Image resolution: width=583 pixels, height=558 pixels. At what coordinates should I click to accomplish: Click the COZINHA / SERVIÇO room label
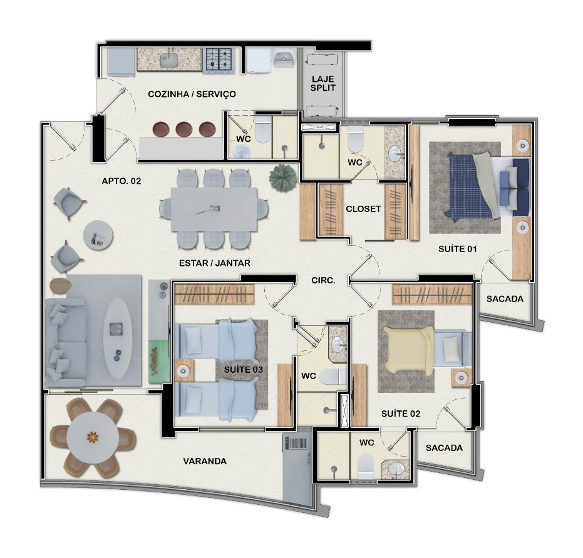point(192,94)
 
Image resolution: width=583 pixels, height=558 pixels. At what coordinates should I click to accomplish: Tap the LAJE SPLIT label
point(323,84)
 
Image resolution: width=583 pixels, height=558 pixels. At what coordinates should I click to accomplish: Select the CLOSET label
point(363,209)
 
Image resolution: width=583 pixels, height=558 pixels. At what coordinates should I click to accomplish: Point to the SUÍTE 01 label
point(457,249)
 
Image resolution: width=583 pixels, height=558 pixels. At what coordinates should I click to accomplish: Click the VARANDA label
point(205,461)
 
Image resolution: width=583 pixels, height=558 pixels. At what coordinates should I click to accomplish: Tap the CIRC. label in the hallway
point(323,280)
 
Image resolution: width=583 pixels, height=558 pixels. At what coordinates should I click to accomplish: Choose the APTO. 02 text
point(121,181)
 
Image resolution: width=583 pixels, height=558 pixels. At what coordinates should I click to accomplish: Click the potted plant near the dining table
point(282,178)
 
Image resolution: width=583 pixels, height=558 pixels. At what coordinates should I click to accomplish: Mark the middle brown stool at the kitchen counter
point(184,129)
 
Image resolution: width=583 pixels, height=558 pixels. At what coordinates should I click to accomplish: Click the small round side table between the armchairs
point(98,235)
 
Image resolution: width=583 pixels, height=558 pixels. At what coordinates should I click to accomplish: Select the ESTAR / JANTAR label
point(215,263)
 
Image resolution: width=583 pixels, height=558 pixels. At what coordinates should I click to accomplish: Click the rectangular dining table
point(214,210)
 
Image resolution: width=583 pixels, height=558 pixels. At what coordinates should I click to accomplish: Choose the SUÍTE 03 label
point(244,370)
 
